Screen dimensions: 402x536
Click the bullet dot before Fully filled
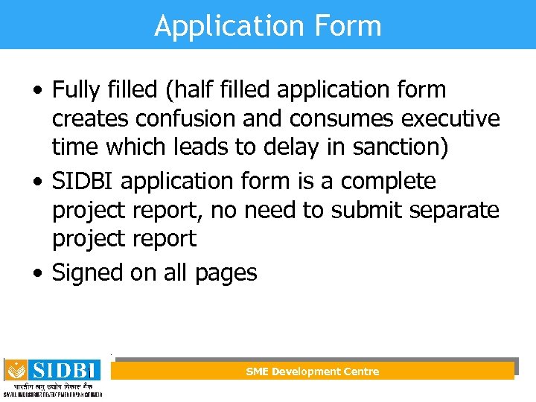tap(38, 92)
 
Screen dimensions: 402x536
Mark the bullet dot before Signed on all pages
tap(38, 273)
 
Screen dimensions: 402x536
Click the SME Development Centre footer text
tap(313, 371)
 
